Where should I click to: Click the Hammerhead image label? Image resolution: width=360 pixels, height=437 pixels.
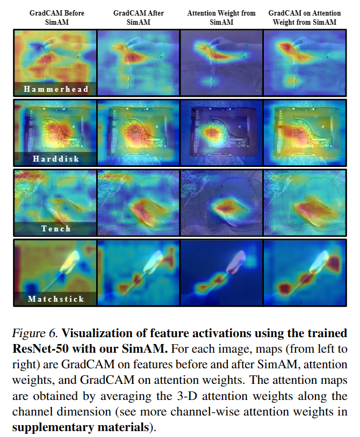pos(56,89)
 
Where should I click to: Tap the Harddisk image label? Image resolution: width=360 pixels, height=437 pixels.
pos(56,159)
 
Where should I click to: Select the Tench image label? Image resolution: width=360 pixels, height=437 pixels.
pos(56,229)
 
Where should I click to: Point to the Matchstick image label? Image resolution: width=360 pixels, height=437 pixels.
pos(56,298)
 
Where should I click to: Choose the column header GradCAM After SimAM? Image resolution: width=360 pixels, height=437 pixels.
pos(138,17)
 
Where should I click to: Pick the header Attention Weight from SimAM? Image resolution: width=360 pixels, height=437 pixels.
pos(221,17)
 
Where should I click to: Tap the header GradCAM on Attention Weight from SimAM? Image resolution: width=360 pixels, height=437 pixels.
pos(304,17)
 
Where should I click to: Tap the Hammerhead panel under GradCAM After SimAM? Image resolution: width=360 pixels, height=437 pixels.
pos(138,62)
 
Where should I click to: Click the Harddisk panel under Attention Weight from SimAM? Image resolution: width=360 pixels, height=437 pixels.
pos(221,132)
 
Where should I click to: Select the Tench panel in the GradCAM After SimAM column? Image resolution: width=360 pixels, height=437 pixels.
pos(138,202)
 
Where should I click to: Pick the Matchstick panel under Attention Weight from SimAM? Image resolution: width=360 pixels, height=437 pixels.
pos(221,272)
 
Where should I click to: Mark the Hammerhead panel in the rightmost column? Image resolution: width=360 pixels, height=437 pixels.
pos(304,62)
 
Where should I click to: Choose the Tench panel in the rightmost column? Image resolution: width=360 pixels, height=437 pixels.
pos(304,202)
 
